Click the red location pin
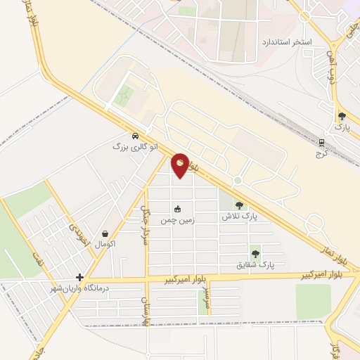click(181, 165)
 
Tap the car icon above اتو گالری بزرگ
click(134, 136)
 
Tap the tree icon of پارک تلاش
click(240, 205)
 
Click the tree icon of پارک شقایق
click(255, 255)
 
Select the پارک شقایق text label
click(255, 266)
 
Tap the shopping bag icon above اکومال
click(105, 233)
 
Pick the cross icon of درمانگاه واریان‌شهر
click(80, 278)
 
